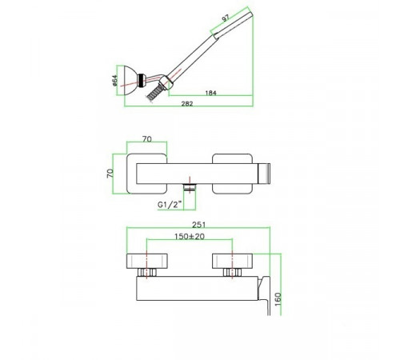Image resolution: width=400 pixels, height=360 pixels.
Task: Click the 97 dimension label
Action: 226,18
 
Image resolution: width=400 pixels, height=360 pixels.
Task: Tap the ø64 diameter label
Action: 115,81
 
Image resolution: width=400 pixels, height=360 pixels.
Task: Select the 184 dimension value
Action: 210,93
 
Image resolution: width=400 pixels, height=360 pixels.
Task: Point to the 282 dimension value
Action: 187,103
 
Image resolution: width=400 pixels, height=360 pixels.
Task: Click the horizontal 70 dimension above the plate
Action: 147,139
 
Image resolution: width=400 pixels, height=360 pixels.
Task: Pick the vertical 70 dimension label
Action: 110,174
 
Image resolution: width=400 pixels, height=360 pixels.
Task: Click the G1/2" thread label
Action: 170,205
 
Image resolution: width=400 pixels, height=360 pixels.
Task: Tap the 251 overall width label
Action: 199,225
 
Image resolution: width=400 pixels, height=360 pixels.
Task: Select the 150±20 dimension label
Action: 190,236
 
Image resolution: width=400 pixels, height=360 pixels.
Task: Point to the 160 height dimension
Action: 278,299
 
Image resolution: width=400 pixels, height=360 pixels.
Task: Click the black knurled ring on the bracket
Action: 141,79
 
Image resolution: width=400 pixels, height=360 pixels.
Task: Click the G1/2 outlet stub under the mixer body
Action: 190,187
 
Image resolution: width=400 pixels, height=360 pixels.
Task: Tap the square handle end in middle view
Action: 265,174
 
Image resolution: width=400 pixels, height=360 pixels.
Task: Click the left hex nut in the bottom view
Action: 147,272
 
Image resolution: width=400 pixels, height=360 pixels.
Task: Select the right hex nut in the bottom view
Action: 232,272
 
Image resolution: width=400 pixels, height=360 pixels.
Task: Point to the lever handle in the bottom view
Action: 266,294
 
